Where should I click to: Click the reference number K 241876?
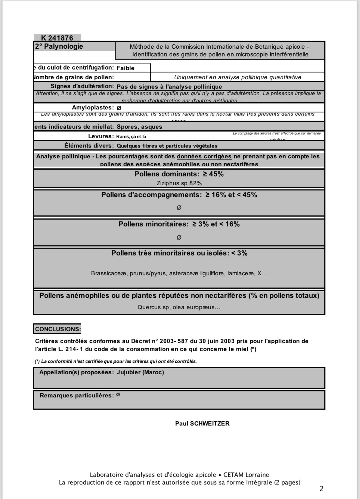tap(57, 38)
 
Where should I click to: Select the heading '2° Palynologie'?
tap(59, 46)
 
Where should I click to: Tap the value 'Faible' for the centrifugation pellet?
tap(125, 68)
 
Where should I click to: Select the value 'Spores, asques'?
tap(139, 127)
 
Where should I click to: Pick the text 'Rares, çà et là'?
tap(131, 137)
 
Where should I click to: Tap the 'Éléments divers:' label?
tap(89, 146)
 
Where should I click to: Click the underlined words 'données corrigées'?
tap(204, 157)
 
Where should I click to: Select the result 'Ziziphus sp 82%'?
tap(179, 183)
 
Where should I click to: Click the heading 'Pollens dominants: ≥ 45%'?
tap(179, 174)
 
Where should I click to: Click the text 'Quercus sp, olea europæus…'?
tap(179, 307)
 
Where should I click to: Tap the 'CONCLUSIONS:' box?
tap(58, 329)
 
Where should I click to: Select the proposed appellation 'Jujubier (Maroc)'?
tap(140, 372)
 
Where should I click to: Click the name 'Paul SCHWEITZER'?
tap(202, 424)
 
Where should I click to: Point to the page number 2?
tap(321, 489)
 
